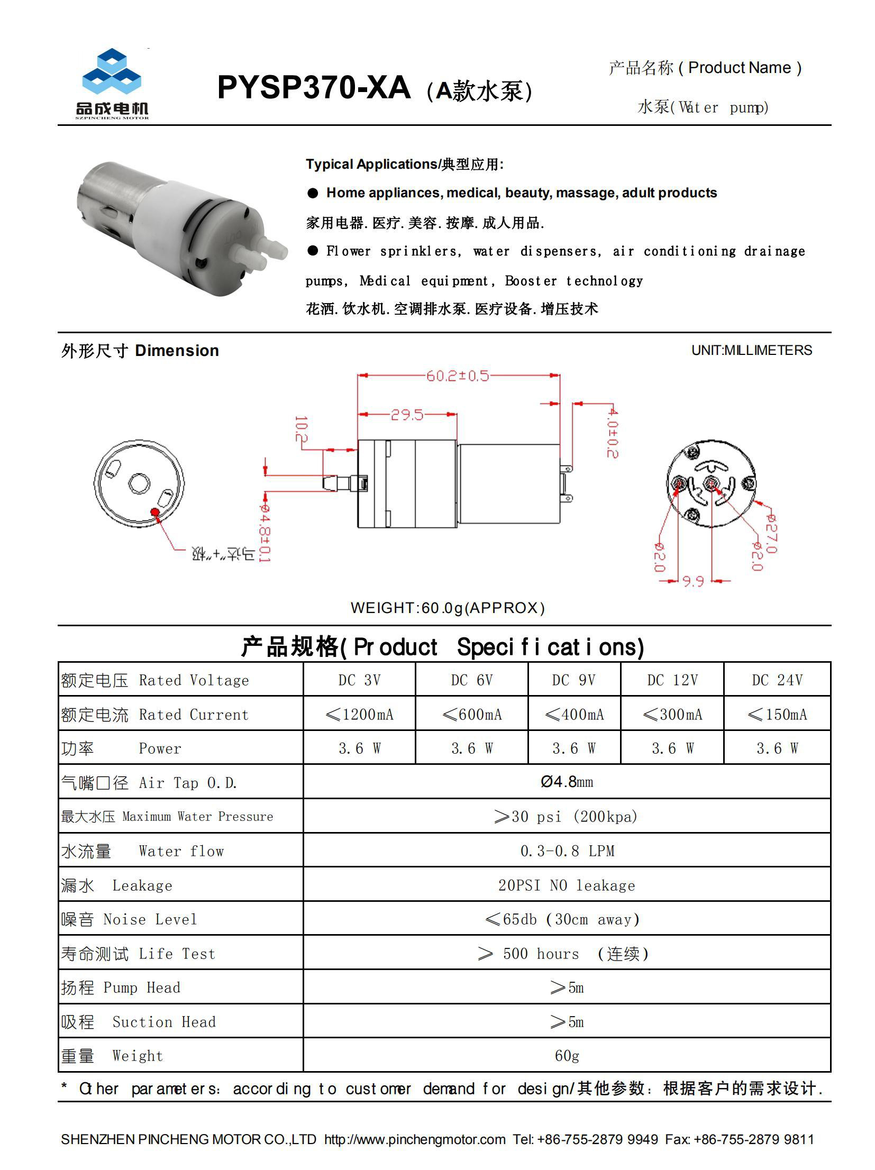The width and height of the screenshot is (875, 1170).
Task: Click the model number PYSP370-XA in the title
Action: point(313,88)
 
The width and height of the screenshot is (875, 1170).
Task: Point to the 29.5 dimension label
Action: point(407,415)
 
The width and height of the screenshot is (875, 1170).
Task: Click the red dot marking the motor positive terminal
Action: point(155,511)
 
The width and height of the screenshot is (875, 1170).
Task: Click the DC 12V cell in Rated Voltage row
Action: point(672,680)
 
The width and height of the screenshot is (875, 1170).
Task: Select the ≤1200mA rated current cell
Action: point(360,715)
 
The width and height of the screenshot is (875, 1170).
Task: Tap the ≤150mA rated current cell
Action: point(777,715)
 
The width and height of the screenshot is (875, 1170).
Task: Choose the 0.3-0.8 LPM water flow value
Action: point(567,851)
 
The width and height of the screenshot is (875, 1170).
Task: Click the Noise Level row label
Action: point(129,919)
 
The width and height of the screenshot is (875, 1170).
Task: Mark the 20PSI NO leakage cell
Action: point(567,885)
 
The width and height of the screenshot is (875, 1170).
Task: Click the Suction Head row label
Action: point(139,1022)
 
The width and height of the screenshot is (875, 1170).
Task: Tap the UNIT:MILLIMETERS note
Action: point(751,350)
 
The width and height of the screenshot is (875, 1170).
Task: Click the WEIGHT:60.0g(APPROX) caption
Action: point(448,608)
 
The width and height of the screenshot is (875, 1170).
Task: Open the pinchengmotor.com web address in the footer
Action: point(415,1139)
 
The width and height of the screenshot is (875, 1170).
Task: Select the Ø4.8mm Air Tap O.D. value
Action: point(567,782)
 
